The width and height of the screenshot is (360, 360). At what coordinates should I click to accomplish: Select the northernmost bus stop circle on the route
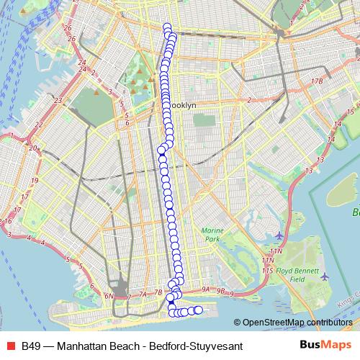167,27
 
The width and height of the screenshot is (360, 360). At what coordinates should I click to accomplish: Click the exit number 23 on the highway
58,100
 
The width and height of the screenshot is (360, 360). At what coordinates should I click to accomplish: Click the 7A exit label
143,294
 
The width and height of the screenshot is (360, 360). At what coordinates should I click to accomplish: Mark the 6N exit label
109,296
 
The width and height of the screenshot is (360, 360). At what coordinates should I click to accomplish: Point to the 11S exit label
267,269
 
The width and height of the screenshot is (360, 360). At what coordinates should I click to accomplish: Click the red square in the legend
10,346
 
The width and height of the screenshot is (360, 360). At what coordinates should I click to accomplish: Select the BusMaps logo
325,345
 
